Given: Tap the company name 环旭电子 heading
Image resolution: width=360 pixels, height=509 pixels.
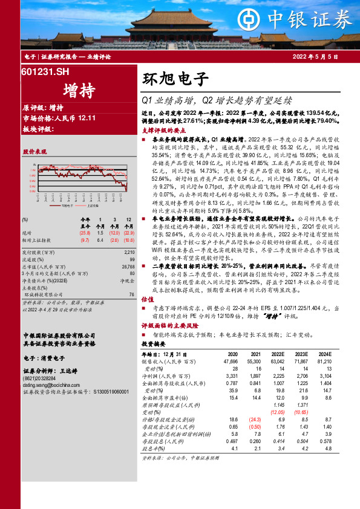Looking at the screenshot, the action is (x=175, y=79).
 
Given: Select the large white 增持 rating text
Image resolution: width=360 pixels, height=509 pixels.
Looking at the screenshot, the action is (x=78, y=91).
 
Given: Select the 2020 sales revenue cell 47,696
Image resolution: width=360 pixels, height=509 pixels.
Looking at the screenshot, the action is (x=230, y=361).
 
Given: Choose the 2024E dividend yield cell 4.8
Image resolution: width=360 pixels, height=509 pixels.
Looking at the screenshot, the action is (x=327, y=449).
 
